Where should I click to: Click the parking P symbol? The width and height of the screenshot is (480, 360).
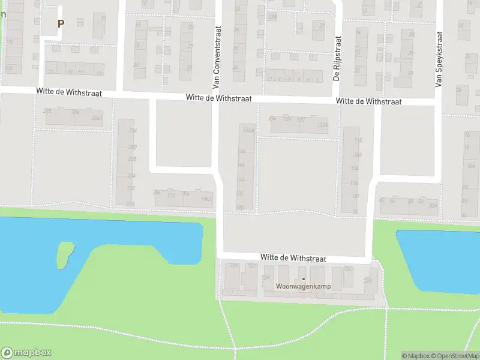point(60,23)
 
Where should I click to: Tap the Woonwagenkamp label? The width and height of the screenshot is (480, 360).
point(303,286)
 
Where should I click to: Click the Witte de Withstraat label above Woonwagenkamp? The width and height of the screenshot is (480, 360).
point(293,257)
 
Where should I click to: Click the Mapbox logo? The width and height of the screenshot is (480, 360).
point(26,353)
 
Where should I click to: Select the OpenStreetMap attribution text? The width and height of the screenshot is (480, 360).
point(454,356)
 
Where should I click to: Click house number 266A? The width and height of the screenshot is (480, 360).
point(96,118)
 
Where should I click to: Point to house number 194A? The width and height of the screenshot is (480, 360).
point(206,199)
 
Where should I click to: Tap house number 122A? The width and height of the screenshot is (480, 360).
point(323,125)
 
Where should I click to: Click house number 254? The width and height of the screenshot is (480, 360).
point(133,130)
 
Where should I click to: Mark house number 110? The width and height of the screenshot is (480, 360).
point(359,140)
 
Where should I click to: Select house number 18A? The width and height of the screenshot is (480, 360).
point(470,166)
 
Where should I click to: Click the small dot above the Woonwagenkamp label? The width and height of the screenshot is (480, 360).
point(303,278)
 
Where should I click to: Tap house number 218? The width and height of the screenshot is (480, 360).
point(130,204)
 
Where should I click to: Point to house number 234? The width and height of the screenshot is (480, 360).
point(131,176)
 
